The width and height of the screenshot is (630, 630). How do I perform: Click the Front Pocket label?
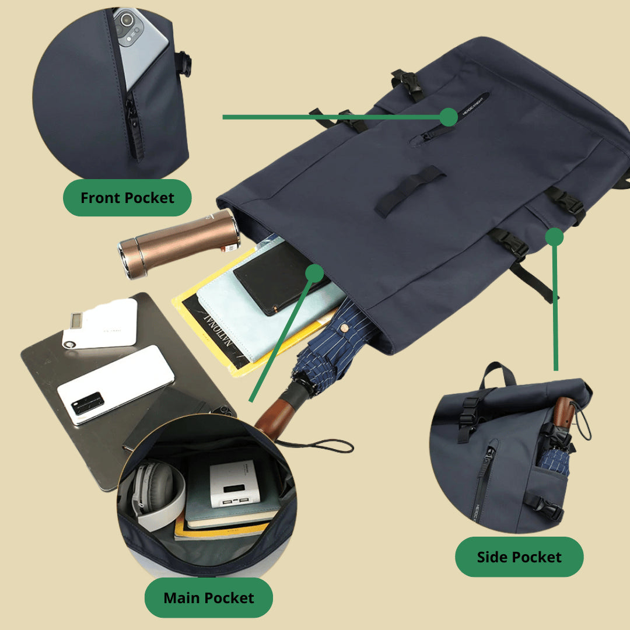coord(127,198)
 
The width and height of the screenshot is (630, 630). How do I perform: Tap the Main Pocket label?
coord(208,598)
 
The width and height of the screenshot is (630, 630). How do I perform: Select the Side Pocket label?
coord(519,557)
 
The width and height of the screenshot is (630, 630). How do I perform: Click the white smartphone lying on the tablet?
coord(115,384)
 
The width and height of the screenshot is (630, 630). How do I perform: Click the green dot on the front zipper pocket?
coord(448,117)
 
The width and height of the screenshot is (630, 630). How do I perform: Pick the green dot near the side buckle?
coord(554,236)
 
